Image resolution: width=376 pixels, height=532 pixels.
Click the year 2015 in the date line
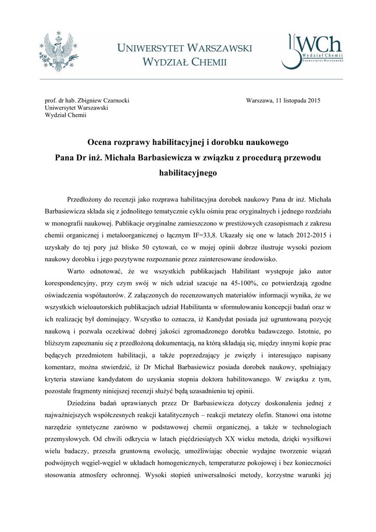point(310,101)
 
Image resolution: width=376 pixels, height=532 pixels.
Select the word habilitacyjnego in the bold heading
point(187,172)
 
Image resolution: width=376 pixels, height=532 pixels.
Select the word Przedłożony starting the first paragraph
point(87,199)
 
